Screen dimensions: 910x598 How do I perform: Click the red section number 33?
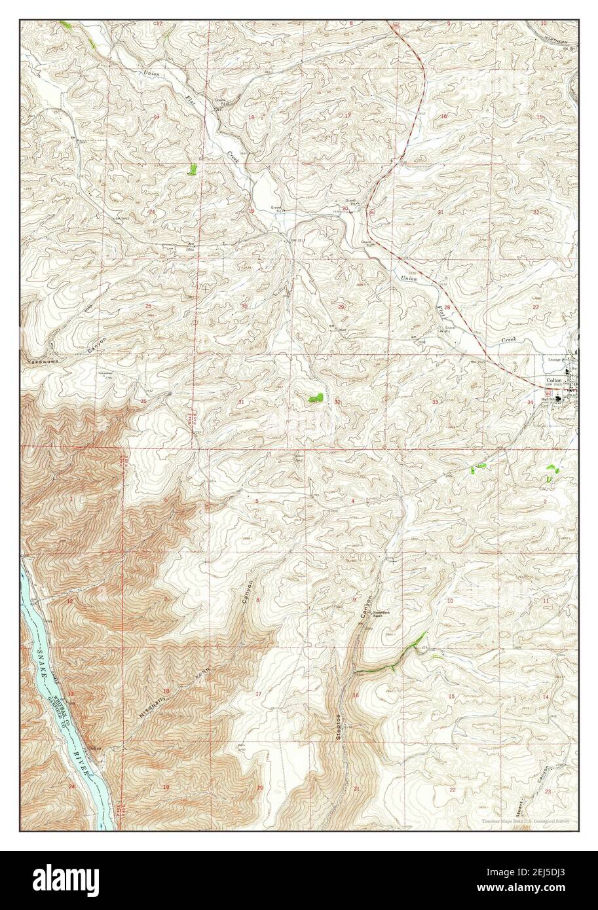[435, 401]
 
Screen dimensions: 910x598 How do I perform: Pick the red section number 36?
[143, 401]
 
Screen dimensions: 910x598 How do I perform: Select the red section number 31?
[241, 401]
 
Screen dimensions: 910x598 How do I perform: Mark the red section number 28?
[447, 307]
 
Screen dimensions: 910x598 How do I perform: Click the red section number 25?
[149, 306]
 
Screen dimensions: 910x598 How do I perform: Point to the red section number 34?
[531, 401]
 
